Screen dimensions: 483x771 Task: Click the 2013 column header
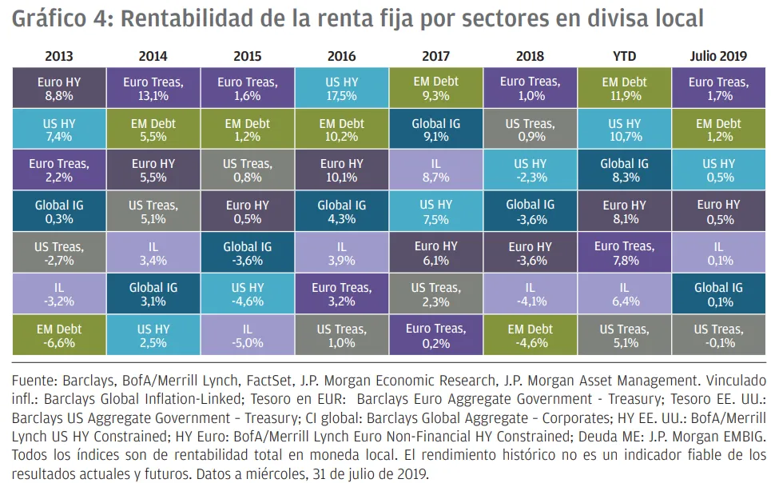click(59, 56)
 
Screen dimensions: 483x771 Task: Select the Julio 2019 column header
click(718, 56)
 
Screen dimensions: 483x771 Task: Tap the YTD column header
click(624, 56)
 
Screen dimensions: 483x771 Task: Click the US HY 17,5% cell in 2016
click(341, 88)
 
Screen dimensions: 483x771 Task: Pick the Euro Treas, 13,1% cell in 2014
click(153, 88)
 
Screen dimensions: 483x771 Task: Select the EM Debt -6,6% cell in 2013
click(59, 335)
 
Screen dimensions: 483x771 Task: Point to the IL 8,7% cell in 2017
click(435, 170)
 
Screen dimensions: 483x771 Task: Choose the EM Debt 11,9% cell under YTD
click(624, 88)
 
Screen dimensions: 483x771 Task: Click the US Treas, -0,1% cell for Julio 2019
click(718, 335)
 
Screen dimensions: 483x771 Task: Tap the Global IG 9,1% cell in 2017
click(435, 130)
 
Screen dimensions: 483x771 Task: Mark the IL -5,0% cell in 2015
click(247, 335)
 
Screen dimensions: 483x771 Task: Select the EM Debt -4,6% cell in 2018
click(530, 335)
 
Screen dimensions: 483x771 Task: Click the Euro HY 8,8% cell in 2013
click(59, 88)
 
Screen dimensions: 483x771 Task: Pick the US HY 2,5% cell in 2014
click(153, 335)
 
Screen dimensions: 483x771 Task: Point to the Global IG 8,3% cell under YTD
click(624, 170)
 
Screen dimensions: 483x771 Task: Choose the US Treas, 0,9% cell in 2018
click(530, 130)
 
